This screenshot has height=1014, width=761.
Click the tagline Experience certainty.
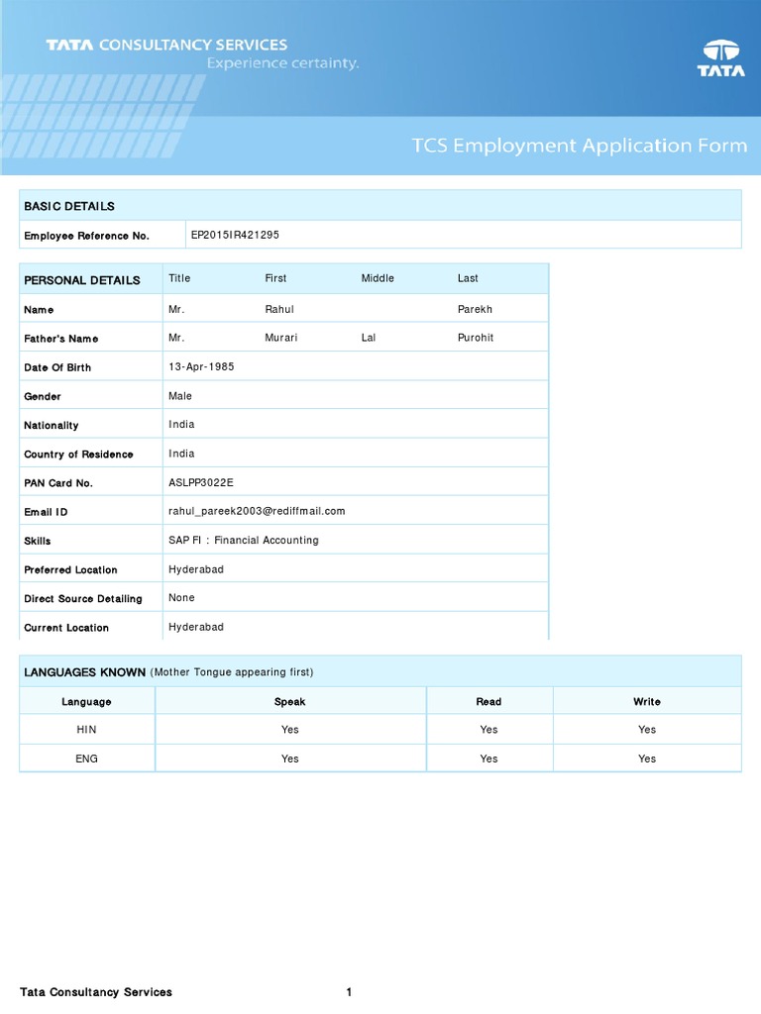282,63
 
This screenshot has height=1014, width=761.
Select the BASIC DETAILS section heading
69,206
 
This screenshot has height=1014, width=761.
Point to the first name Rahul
279,309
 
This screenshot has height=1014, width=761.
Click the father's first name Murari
281,338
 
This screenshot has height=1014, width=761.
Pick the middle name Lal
369,338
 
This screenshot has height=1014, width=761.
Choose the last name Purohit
476,338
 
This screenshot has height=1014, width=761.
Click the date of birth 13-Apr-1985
201,366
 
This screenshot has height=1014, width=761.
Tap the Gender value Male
180,396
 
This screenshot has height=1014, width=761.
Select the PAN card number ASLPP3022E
201,482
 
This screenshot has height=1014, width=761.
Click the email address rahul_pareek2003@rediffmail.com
257,511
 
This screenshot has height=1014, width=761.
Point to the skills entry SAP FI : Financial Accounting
244,540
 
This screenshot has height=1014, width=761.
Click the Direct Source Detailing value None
181,597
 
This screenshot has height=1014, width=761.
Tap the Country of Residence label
78,455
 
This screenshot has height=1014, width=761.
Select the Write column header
647,701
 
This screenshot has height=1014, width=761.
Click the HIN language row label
87,730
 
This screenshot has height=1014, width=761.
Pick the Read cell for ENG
489,759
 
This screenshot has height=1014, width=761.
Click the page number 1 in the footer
349,992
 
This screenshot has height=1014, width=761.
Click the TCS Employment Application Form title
580,146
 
